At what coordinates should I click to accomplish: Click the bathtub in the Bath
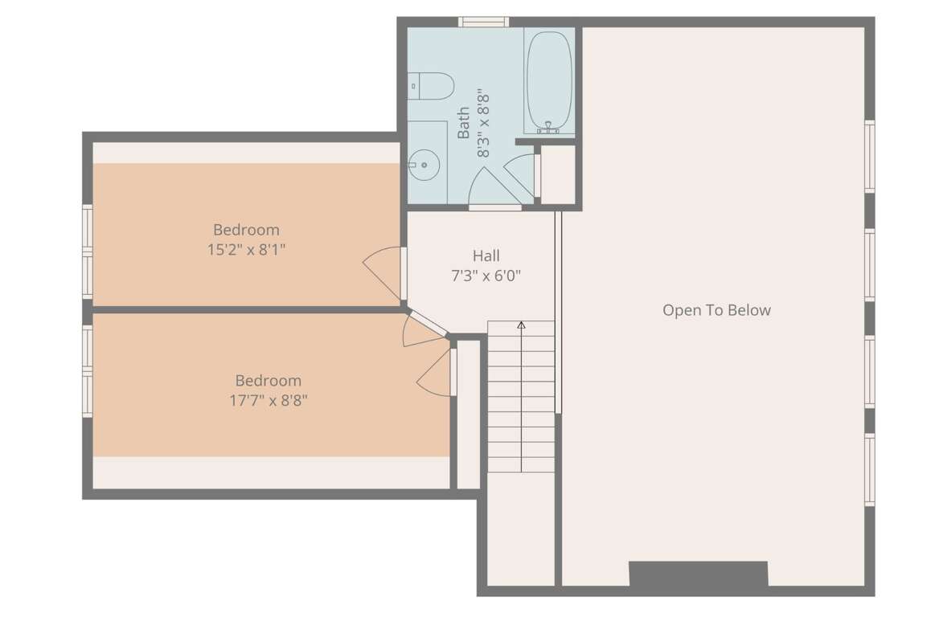click(x=549, y=83)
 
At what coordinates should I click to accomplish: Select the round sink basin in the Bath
click(x=423, y=165)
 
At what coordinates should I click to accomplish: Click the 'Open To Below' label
click(x=716, y=310)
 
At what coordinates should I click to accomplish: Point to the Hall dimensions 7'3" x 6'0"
click(x=486, y=276)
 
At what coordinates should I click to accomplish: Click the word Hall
click(x=486, y=256)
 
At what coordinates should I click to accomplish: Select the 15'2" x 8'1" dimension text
click(x=246, y=250)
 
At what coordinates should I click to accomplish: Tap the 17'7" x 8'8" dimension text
click(x=269, y=401)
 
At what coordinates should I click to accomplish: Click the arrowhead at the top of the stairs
click(x=521, y=325)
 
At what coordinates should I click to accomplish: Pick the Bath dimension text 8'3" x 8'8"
click(x=484, y=124)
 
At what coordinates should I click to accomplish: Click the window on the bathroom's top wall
click(x=484, y=22)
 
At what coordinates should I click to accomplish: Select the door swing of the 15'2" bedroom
click(x=383, y=274)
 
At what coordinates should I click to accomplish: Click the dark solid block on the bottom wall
click(x=698, y=574)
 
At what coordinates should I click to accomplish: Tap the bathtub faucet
click(x=549, y=129)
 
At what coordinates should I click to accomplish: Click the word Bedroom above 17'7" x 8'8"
click(x=269, y=381)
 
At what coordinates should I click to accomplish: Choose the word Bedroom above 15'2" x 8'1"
click(x=246, y=230)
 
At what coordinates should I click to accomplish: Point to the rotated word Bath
click(x=463, y=123)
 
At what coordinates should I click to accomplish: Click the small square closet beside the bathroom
click(x=558, y=174)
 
